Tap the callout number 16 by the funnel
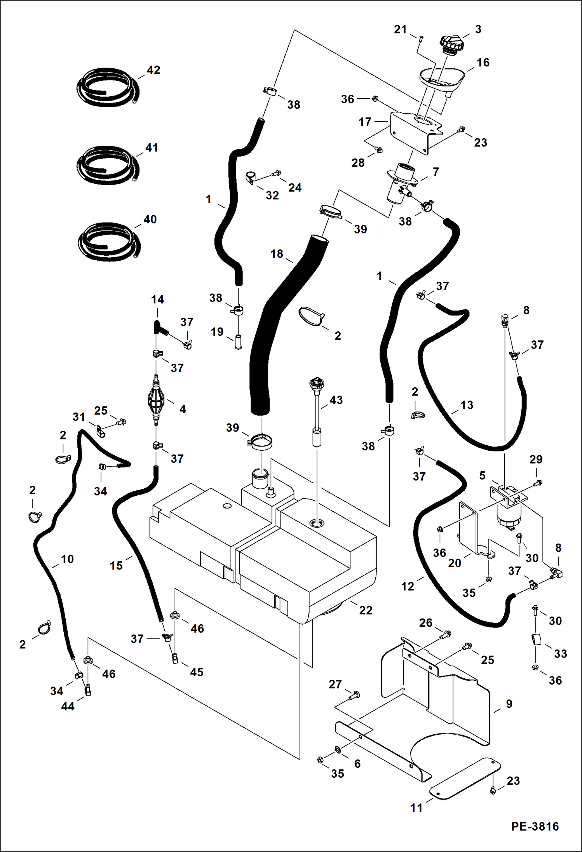(483, 63)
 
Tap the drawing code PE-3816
(535, 827)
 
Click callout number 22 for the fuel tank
(365, 610)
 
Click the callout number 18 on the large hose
(277, 254)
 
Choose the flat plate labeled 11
(465, 779)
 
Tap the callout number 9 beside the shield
(509, 704)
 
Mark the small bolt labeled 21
(421, 38)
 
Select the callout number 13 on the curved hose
(467, 405)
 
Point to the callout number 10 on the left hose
(67, 559)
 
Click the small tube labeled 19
(238, 342)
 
